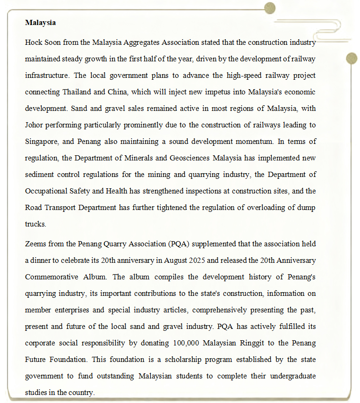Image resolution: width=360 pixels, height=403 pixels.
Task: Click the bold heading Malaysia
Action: (x=41, y=23)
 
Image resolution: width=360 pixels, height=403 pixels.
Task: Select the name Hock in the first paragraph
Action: (x=34, y=42)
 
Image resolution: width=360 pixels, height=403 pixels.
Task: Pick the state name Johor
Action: (x=34, y=125)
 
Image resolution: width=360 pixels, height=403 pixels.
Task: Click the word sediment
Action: (x=39, y=175)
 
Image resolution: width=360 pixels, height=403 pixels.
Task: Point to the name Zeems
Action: (x=35, y=244)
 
